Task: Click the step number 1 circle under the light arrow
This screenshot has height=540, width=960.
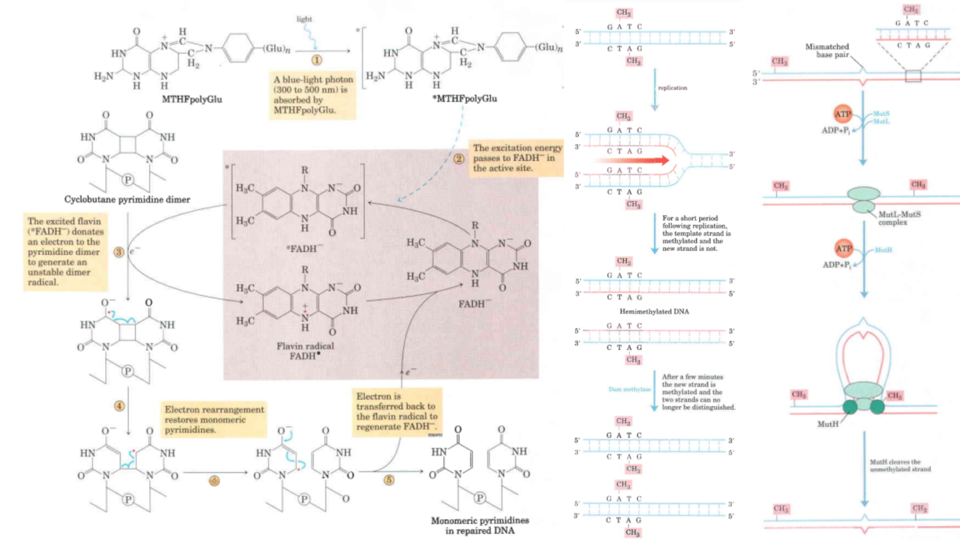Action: coord(316,60)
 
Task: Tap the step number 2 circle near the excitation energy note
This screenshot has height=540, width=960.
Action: coord(458,158)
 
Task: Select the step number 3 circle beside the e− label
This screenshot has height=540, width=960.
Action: coord(119,252)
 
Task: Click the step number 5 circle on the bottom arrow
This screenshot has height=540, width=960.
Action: coord(389,480)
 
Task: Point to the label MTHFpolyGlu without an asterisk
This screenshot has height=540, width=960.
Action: coord(192,99)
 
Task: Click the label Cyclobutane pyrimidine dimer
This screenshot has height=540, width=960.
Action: coord(127,200)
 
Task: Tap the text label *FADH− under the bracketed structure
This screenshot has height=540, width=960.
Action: coord(305,249)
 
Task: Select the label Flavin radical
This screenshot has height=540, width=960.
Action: coord(305,346)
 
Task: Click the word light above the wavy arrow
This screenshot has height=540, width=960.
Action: coord(304,19)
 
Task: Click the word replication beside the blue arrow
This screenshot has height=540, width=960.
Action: coord(672,88)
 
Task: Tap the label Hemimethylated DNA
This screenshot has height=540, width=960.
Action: coord(654,311)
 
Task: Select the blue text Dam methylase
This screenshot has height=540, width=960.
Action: coord(629,389)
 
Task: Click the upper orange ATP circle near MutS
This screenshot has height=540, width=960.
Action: coord(842,114)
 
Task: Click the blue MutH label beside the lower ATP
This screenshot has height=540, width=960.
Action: coord(883,250)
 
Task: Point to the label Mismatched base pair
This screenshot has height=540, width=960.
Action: coord(827,51)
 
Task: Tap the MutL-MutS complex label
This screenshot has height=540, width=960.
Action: coord(899,218)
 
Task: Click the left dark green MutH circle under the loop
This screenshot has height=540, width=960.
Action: coord(850,406)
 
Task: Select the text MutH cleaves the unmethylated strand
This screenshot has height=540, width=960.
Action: coord(900,465)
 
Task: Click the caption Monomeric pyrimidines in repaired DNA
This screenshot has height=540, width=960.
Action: coord(480,525)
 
